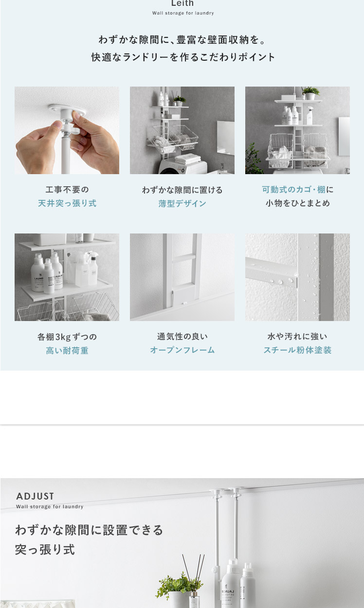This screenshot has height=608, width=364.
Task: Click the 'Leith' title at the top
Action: pos(182,3)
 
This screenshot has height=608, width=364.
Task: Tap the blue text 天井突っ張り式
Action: pos(67,203)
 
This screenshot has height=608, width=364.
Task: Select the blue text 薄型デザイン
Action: pos(182,203)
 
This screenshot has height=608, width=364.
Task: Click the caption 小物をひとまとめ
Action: pos(298,203)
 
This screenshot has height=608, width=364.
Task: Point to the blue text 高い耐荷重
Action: pos(67,350)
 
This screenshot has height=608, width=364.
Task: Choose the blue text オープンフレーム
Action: pos(182,350)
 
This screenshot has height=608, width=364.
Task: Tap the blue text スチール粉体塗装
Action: pos(297,350)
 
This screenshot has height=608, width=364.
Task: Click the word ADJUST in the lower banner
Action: pos(35,496)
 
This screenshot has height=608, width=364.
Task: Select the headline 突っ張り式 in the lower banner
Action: pos(45,550)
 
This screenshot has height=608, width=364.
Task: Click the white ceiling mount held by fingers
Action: pos(67,110)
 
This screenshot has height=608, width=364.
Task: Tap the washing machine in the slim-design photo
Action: pos(182,166)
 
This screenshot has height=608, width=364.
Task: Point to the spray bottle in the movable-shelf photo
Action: pos(310,115)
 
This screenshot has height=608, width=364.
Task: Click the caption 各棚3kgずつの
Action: pos(67,337)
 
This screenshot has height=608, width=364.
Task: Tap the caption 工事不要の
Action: pos(67,190)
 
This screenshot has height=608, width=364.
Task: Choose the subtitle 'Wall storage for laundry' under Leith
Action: pos(183,13)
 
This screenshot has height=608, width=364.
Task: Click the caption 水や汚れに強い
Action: pos(297,336)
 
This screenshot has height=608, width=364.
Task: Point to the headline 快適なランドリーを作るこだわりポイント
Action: pos(183,57)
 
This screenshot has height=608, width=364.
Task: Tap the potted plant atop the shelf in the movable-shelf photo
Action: pos(310,93)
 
